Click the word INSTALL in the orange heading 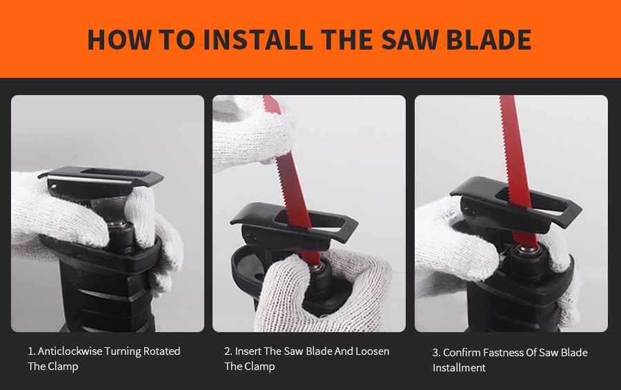click(257, 39)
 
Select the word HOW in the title click(119, 39)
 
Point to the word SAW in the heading click(409, 39)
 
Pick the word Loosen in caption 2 click(373, 351)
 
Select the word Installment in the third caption click(459, 368)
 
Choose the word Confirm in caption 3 click(456, 352)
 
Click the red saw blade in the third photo click(516, 166)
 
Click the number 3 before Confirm click(435, 352)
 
